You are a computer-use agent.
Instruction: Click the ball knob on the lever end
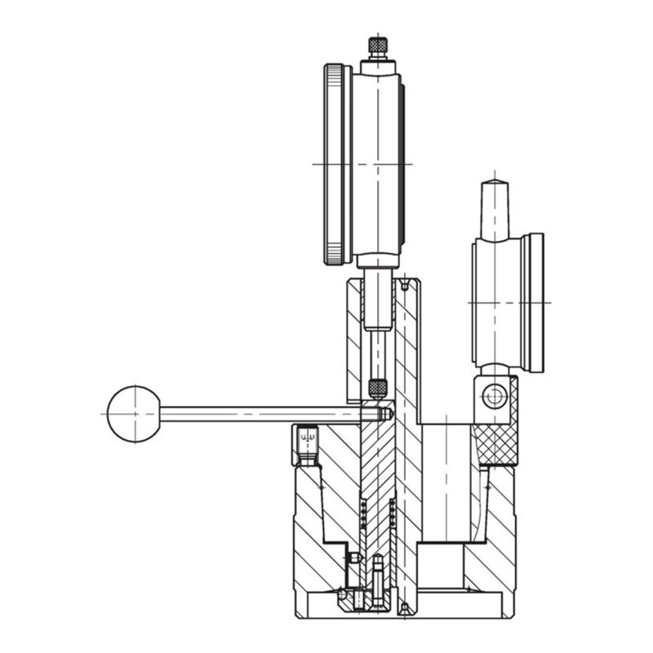coord(133,414)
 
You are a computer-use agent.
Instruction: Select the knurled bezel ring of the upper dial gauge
coord(335,164)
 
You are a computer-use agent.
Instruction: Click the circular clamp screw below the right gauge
coord(493,397)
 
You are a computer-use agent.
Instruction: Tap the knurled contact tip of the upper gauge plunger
coord(377,388)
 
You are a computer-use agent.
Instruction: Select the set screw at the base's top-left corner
coord(307,442)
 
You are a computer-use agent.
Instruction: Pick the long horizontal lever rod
coord(261,414)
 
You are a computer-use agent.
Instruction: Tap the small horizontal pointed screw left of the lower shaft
coord(354,557)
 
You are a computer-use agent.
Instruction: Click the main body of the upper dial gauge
coord(378,163)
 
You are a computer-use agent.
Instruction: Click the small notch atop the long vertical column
coord(403,286)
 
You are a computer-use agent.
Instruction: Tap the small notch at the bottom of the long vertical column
coord(403,608)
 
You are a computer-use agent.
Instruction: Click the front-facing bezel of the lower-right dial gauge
coord(535,302)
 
